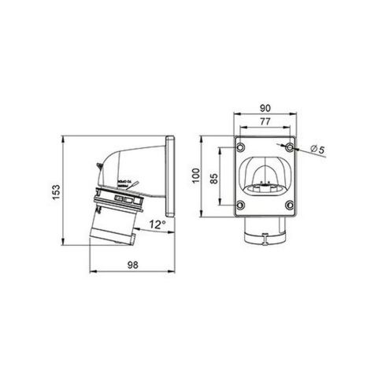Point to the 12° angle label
157,225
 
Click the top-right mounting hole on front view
291,148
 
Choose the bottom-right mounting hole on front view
291,206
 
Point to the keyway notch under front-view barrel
265,242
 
